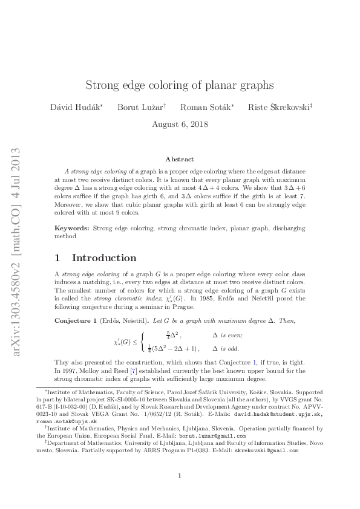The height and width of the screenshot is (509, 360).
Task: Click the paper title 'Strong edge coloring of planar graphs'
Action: (180, 85)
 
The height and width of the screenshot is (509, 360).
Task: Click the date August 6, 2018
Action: (180, 125)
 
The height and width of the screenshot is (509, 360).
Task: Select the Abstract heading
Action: (180, 160)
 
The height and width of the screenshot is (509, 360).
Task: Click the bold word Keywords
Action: (71, 229)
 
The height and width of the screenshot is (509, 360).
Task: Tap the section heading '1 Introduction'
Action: (95, 258)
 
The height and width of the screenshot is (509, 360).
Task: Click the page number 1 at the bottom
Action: (180, 476)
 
